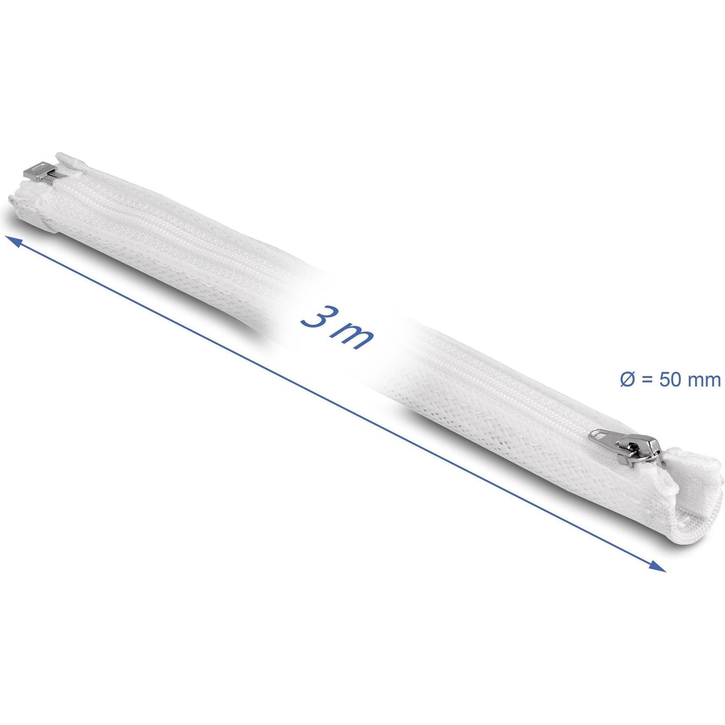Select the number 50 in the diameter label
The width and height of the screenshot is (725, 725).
(x=670, y=380)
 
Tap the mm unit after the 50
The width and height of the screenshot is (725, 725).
(x=704, y=381)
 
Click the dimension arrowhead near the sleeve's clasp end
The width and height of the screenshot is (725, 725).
(x=12, y=242)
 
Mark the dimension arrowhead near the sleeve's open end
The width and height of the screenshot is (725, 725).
(x=657, y=566)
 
